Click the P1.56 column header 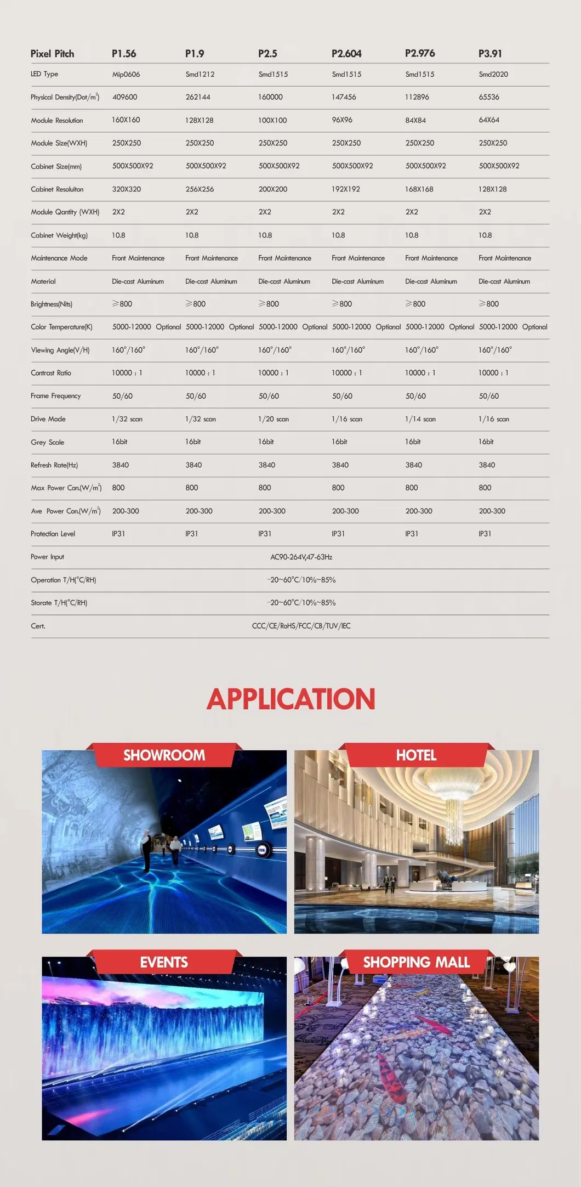[124, 54]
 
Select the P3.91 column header [490, 54]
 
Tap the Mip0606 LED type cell [126, 75]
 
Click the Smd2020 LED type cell [493, 75]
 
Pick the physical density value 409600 [125, 97]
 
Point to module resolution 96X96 [342, 120]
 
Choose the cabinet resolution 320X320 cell [127, 189]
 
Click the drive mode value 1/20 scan [274, 419]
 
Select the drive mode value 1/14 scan [420, 419]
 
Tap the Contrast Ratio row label [51, 373]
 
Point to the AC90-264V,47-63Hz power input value [301, 557]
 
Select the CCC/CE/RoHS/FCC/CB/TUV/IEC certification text [301, 626]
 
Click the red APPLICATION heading [290, 699]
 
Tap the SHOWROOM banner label [164, 755]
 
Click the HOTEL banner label [416, 755]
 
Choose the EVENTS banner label [164, 963]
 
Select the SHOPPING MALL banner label [416, 963]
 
